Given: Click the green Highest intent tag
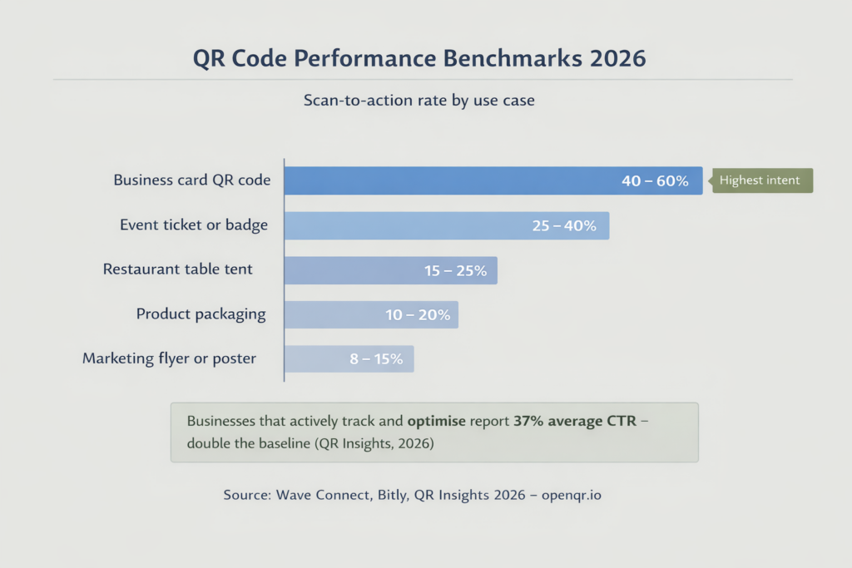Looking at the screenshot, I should (x=760, y=180).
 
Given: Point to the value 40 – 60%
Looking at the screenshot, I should (x=655, y=181).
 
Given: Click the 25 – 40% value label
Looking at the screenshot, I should (x=563, y=226).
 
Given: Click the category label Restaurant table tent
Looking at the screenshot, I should (x=178, y=269).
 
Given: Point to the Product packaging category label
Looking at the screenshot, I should (x=201, y=314).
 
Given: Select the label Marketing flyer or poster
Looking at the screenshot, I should (x=169, y=359).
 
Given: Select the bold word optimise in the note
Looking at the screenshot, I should (x=440, y=421).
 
